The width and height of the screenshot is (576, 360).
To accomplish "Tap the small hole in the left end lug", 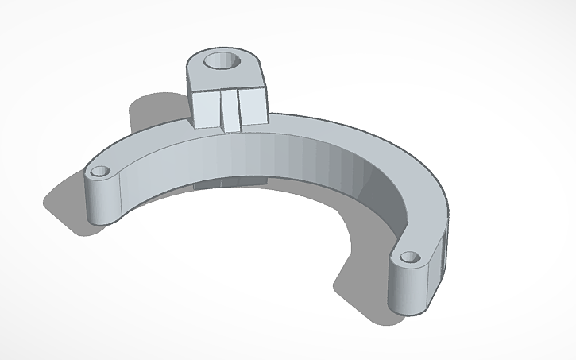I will click(x=101, y=171).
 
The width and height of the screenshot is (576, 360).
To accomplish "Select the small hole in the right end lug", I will click(x=409, y=257).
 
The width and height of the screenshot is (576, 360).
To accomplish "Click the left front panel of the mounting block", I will click(x=207, y=109).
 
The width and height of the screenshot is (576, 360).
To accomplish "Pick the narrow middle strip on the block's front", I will click(x=231, y=110).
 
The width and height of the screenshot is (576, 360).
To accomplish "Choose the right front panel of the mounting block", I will click(x=252, y=106).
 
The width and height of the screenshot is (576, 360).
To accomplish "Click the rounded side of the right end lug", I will click(x=406, y=288).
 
